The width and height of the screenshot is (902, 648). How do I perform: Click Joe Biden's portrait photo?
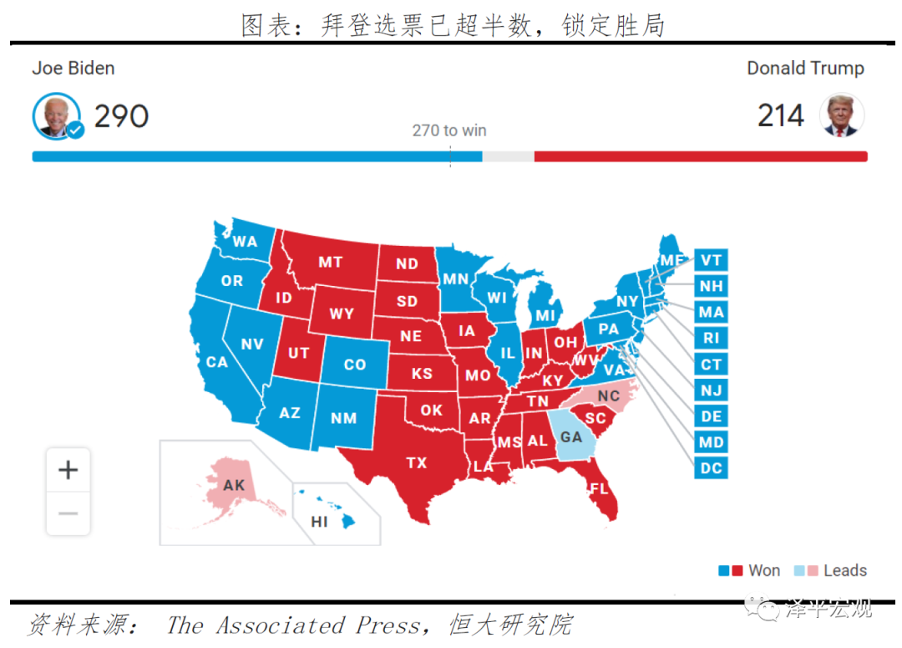tap(56, 115)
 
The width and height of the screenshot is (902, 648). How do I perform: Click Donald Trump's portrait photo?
tap(841, 115)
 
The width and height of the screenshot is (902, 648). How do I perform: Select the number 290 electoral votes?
tap(121, 116)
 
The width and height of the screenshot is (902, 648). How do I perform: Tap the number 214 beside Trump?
tap(781, 116)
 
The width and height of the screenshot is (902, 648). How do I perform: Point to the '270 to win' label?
tap(449, 130)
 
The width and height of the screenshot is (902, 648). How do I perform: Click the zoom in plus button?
tap(68, 470)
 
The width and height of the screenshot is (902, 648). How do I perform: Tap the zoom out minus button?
tap(68, 513)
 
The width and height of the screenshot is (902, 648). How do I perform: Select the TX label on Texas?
tap(416, 462)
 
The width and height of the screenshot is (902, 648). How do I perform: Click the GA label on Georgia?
tap(571, 436)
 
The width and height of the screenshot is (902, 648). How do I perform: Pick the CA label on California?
tap(217, 362)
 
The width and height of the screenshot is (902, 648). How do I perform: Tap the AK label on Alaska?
tap(234, 485)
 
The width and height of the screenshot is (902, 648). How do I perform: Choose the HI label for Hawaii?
tap(319, 522)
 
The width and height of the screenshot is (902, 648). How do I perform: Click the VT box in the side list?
tap(711, 260)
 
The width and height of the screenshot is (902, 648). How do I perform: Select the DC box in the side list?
tap(711, 467)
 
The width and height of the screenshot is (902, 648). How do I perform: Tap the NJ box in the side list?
tap(711, 390)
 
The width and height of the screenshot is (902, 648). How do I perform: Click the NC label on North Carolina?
tap(609, 395)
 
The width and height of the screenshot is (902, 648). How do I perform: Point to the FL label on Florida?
tap(599, 488)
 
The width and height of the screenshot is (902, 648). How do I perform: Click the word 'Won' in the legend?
tap(764, 570)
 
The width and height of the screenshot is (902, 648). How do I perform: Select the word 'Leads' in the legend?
tap(845, 570)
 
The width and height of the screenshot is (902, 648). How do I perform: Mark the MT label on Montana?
tap(330, 262)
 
